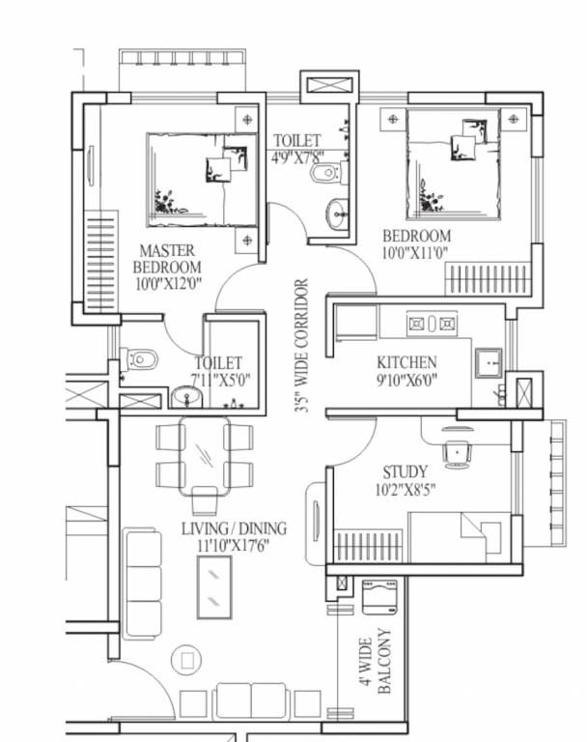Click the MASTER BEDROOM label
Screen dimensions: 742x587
[x=167, y=258]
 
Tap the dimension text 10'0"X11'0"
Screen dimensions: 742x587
[x=416, y=253]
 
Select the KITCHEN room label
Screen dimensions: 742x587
[x=406, y=362]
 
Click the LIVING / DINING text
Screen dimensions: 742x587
[x=234, y=528]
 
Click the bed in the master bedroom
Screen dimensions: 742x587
[x=201, y=179]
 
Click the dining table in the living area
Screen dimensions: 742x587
[x=205, y=453]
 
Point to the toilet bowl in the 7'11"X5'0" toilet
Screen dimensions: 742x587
[x=140, y=358]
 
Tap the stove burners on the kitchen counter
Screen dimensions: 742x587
[x=433, y=323]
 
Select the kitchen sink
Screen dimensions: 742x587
[x=489, y=361]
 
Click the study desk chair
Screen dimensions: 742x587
[x=456, y=450]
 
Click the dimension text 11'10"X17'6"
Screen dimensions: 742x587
[x=234, y=545]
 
